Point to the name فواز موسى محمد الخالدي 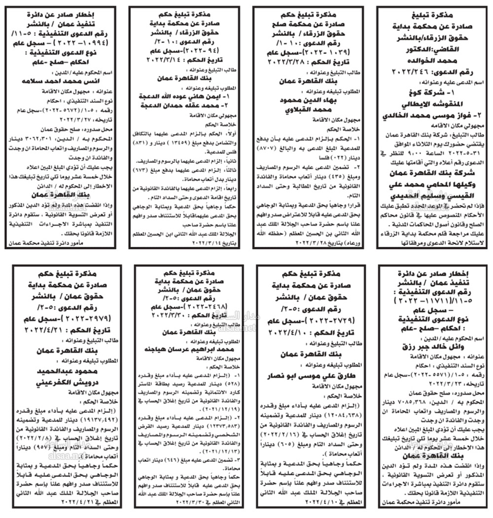pyautogui.click(x=434, y=116)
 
